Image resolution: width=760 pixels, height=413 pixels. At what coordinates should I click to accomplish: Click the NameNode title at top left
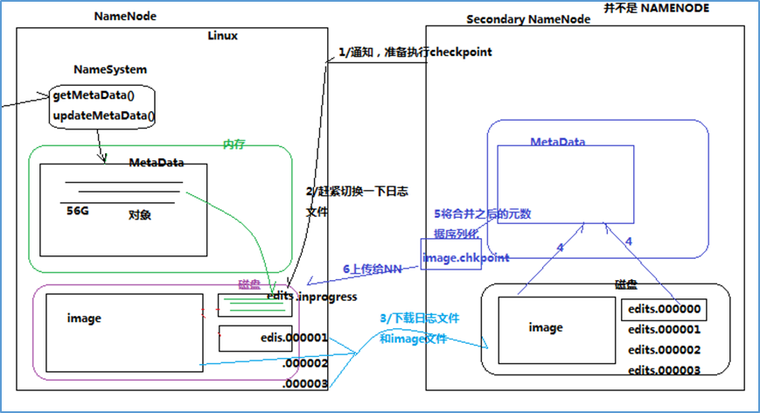pos(125,17)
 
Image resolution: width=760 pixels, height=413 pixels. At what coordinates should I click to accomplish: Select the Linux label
pos(223,36)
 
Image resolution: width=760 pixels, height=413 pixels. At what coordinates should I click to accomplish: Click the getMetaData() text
pos(98,94)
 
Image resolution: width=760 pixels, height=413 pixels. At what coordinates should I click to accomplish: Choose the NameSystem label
pos(110,69)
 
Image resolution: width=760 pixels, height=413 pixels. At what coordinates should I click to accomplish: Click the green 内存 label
pos(234,143)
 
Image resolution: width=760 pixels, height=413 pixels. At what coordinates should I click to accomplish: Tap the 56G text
pos(79,211)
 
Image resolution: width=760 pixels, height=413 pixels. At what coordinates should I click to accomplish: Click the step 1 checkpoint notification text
pos(415,52)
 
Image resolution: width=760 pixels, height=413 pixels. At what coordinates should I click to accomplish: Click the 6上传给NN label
pos(372,269)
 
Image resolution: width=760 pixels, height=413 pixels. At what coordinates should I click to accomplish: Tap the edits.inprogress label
pos(312,297)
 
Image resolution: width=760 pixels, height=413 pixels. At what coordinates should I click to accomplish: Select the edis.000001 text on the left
pos(294,337)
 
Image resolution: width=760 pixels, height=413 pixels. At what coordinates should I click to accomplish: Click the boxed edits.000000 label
pos(663,309)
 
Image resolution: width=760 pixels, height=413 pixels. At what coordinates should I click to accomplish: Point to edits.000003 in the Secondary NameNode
pos(664,370)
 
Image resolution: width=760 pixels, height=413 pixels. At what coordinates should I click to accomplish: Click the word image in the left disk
pos(84,318)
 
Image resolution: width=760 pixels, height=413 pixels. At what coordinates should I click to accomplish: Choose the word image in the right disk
pos(546,327)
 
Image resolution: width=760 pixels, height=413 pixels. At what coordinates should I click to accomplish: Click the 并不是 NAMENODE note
pos(656,8)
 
